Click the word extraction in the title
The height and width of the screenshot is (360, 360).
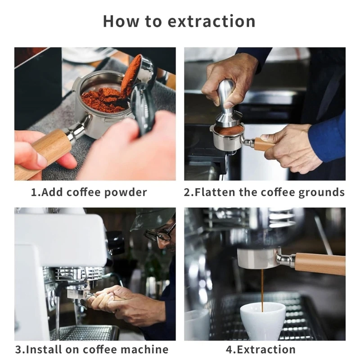pyautogui.click(x=211, y=22)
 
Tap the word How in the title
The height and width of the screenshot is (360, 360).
pyautogui.click(x=121, y=21)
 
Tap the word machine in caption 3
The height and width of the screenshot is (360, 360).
pyautogui.click(x=144, y=350)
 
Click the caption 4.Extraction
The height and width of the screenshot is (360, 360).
pyautogui.click(x=261, y=350)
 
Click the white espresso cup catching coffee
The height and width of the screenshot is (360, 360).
pyautogui.click(x=263, y=321)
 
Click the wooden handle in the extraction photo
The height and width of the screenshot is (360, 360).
pyautogui.click(x=320, y=264)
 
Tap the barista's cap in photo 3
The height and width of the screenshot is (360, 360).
pyautogui.click(x=153, y=218)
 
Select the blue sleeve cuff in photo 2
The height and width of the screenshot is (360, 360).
pyautogui.click(x=327, y=138)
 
